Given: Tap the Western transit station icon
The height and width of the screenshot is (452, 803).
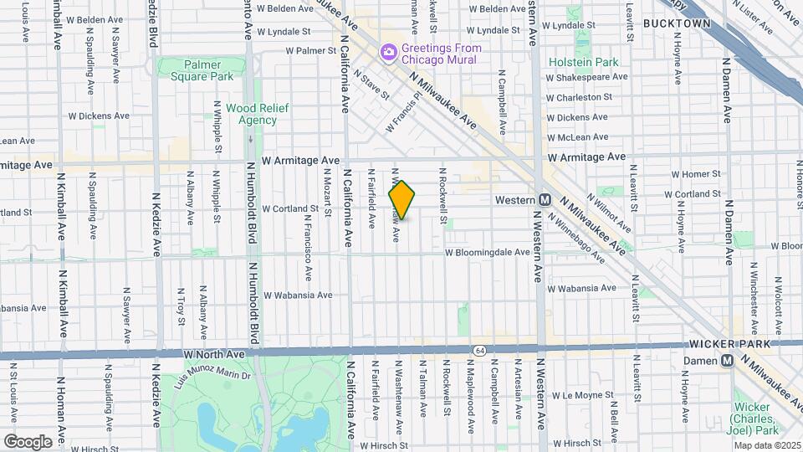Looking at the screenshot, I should click(x=545, y=200).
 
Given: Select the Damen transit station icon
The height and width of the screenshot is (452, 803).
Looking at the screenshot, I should click(x=728, y=360).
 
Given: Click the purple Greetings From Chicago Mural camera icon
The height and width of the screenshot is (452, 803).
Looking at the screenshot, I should click(x=388, y=54).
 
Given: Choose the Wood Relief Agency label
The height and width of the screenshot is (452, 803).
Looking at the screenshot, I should click(x=251, y=114).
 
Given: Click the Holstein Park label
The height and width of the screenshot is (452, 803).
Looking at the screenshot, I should click(x=583, y=62).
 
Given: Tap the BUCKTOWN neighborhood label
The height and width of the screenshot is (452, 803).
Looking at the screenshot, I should click(x=677, y=24).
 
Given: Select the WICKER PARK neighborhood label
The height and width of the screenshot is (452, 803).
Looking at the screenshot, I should click(x=724, y=344).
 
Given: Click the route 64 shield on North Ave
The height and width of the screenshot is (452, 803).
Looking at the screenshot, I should click(x=478, y=349).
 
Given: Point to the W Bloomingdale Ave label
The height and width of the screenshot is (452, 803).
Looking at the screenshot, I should click(x=487, y=251).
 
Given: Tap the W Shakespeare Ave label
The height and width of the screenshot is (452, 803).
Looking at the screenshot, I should click(x=586, y=77).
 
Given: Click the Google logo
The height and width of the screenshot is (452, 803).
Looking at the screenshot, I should click(x=28, y=441).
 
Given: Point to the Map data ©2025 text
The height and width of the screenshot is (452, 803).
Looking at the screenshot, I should click(x=766, y=445).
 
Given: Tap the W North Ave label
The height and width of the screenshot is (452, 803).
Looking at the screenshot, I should click(x=214, y=355).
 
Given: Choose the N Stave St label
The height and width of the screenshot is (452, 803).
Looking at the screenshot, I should click(x=371, y=85).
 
